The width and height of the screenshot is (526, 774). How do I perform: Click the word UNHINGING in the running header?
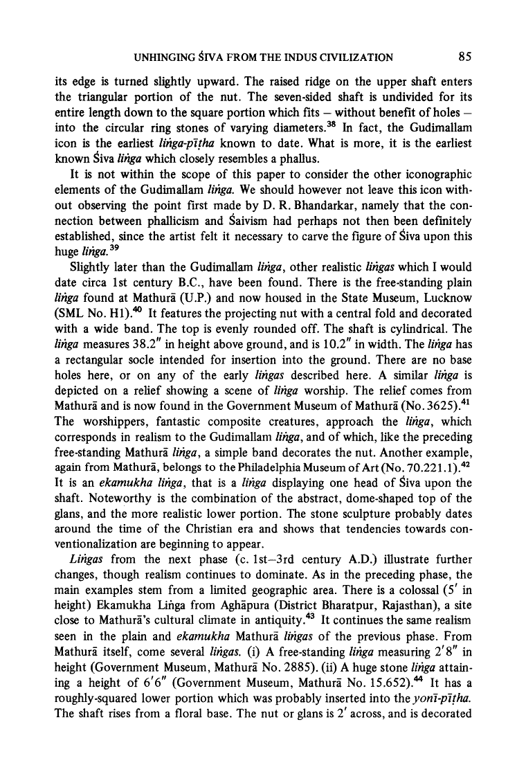(149, 57)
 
